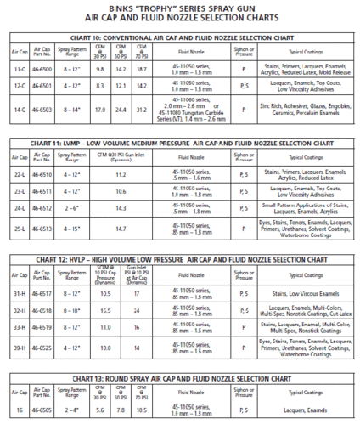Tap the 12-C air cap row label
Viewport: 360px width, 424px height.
pos(19,86)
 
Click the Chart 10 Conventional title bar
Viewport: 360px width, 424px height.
pos(180,39)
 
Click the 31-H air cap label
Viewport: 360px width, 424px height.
pos(19,294)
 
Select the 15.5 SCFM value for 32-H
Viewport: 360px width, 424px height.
pos(106,312)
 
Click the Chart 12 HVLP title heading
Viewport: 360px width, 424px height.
pos(180,259)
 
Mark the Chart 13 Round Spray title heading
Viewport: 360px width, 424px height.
pos(180,379)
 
